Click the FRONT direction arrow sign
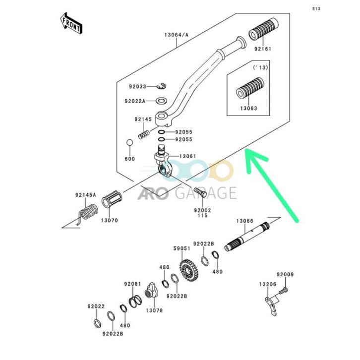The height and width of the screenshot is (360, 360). click(x=70, y=23)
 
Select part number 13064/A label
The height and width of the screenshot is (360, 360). click(x=177, y=35)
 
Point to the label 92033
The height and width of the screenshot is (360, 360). click(x=138, y=86)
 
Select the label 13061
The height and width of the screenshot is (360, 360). click(x=187, y=156)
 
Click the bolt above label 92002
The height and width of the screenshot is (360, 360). click(x=200, y=190)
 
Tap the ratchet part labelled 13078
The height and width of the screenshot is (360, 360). click(x=151, y=293)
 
